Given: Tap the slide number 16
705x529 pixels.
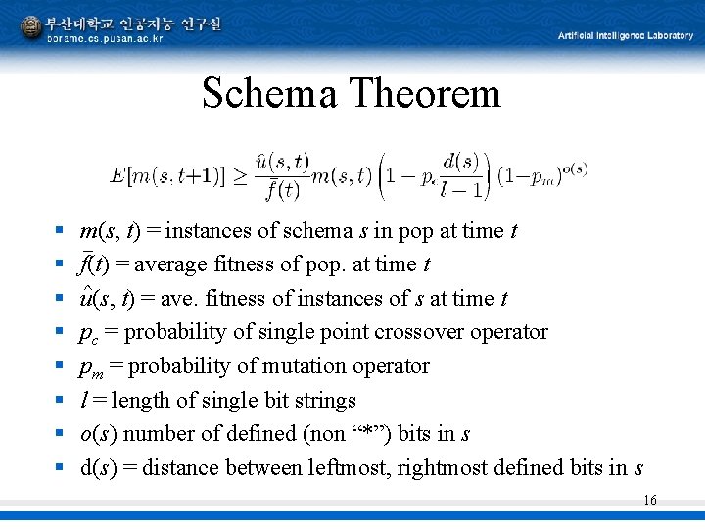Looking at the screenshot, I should click(650, 501).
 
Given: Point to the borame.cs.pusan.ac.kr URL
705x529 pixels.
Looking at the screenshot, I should click(105, 38).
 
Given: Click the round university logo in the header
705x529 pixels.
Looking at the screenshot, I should click(30, 27).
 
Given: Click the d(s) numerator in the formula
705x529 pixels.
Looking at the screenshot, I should click(460, 161).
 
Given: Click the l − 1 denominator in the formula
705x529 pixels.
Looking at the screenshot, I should click(460, 190).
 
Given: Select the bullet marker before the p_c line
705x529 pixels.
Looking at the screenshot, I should click(60, 332).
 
